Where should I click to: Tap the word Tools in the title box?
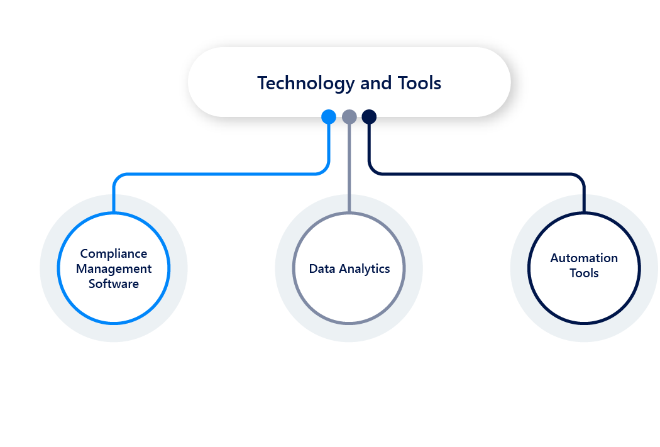(419, 83)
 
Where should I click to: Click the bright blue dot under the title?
(329, 117)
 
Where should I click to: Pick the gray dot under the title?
(349, 117)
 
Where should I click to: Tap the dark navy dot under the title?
(369, 117)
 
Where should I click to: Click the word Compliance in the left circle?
(114, 254)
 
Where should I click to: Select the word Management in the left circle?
(114, 269)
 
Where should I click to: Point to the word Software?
(114, 284)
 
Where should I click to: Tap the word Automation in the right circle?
(584, 258)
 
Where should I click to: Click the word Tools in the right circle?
(584, 273)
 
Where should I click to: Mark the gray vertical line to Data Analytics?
(349, 170)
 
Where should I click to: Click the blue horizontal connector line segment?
(220, 174)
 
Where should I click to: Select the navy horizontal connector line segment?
(478, 174)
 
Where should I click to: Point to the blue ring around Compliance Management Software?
(59, 269)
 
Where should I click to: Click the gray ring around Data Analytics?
(294, 269)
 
